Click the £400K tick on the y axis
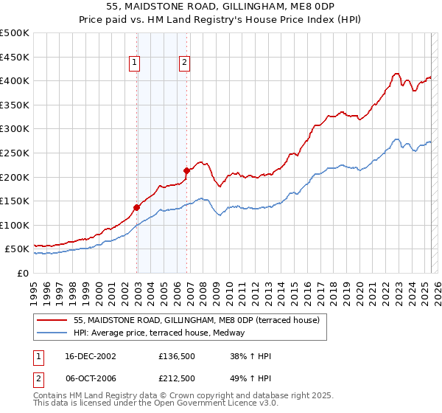pyautogui.click(x=15, y=80)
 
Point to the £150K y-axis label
pyautogui.click(x=15, y=201)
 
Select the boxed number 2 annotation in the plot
pyautogui.click(x=184, y=63)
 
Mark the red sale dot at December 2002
pyautogui.click(x=137, y=207)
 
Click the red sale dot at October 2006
pyautogui.click(x=186, y=171)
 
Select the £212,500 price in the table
pyautogui.click(x=177, y=378)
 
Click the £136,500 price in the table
pyautogui.click(x=177, y=356)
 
